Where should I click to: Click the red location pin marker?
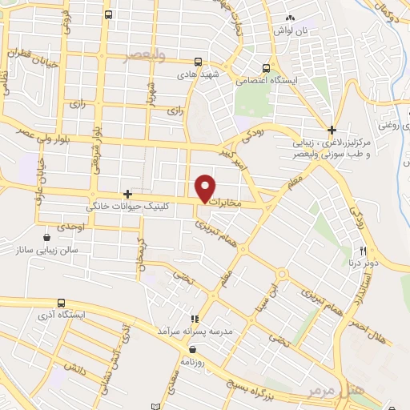tap(206, 188)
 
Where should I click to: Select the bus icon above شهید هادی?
tap(198, 62)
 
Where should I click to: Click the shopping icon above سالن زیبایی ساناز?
tap(47, 238)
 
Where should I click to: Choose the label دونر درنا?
tap(361, 262)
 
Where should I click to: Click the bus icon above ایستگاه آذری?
tap(62, 303)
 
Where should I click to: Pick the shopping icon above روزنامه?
tap(192, 349)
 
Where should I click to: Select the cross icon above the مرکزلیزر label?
tap(332, 129)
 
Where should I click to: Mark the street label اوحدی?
tap(72, 227)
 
